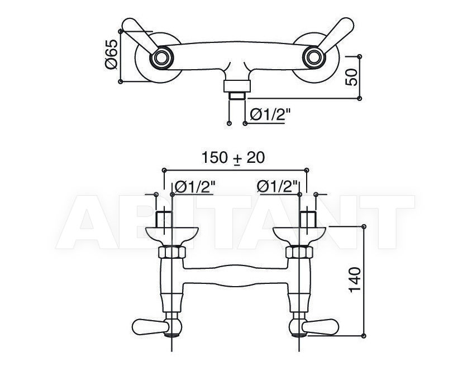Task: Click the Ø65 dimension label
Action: coord(111,55)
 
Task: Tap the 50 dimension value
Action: coord(351,77)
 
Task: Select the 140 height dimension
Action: coord(355,279)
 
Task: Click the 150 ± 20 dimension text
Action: coord(233,157)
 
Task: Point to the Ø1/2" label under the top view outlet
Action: coord(270,114)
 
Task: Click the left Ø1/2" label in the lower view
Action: coord(194,187)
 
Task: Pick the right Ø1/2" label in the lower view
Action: coord(278,187)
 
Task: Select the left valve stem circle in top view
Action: coord(161,57)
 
